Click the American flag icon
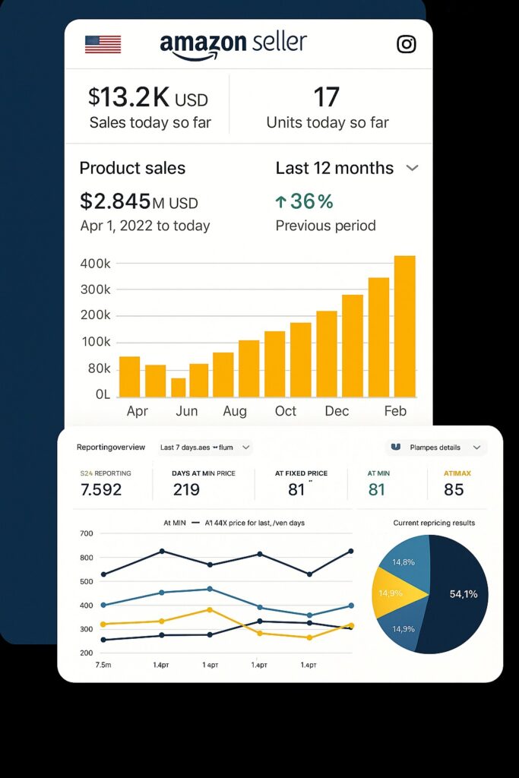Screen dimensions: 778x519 point(103,44)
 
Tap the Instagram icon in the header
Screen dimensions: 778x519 point(407,44)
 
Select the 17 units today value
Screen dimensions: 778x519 point(327,96)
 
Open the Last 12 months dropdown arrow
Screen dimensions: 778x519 point(412,168)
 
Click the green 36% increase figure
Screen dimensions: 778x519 point(304,201)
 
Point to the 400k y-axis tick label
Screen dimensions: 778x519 point(95,264)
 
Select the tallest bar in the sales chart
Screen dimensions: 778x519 point(404,326)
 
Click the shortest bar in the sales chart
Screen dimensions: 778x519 point(179,387)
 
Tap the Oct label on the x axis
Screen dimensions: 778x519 point(286,411)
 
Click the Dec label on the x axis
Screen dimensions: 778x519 point(337,411)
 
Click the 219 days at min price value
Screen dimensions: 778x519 point(186,489)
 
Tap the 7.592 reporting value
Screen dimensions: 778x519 point(101,489)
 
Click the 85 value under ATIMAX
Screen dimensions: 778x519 point(454,489)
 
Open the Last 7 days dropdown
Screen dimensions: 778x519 point(205,448)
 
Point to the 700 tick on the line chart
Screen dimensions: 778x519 point(85,533)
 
